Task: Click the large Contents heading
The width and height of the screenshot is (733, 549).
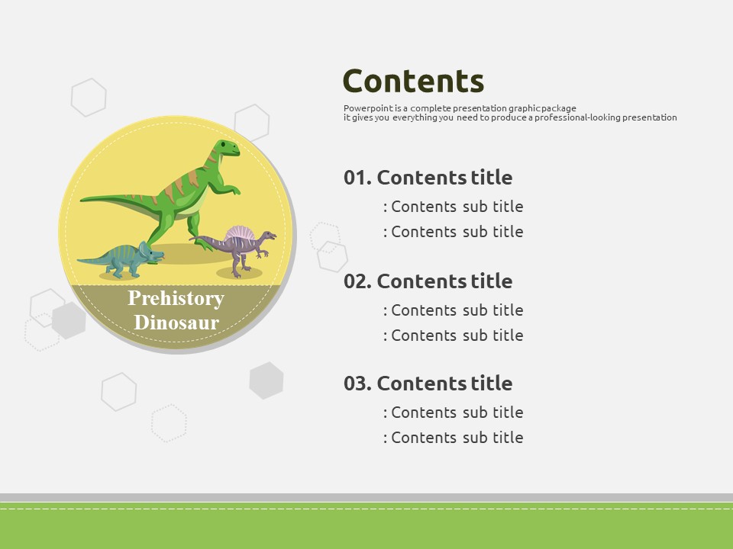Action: [x=413, y=82]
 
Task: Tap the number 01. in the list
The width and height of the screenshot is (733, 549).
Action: [x=357, y=178]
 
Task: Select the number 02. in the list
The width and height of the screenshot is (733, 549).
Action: [x=357, y=281]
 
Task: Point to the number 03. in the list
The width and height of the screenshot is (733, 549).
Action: [x=357, y=384]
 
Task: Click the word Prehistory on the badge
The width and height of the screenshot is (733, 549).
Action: [x=176, y=299]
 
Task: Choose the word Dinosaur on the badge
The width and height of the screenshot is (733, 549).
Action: [x=176, y=323]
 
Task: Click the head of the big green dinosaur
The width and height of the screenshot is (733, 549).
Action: [x=226, y=149]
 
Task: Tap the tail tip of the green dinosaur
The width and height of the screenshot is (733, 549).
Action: [x=82, y=200]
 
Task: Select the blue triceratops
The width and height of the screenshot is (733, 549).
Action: [x=121, y=259]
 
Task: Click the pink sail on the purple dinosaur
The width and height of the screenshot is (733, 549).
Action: [x=240, y=233]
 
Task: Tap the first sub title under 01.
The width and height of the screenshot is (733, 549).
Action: [x=453, y=207]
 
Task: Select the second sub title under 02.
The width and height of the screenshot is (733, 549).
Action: [x=453, y=335]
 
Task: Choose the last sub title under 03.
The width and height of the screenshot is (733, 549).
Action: [x=453, y=438]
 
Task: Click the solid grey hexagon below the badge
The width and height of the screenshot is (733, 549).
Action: [x=266, y=380]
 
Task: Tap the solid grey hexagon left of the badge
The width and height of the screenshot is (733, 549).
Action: [x=69, y=320]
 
